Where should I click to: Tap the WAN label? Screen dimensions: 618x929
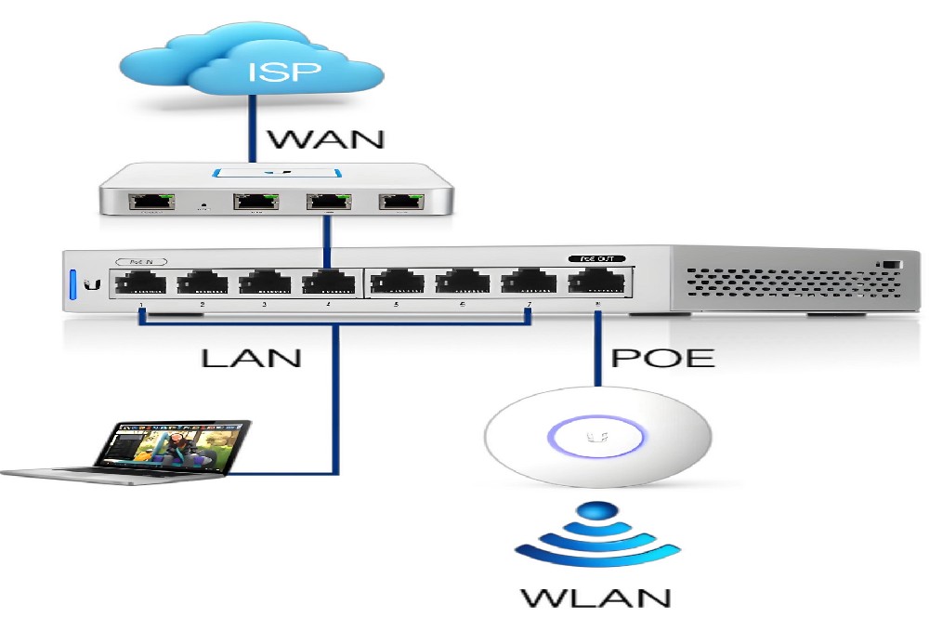(326, 139)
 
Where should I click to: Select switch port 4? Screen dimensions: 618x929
(328, 281)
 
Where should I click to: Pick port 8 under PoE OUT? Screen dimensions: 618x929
(595, 281)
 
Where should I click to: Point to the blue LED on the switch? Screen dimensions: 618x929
(71, 283)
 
